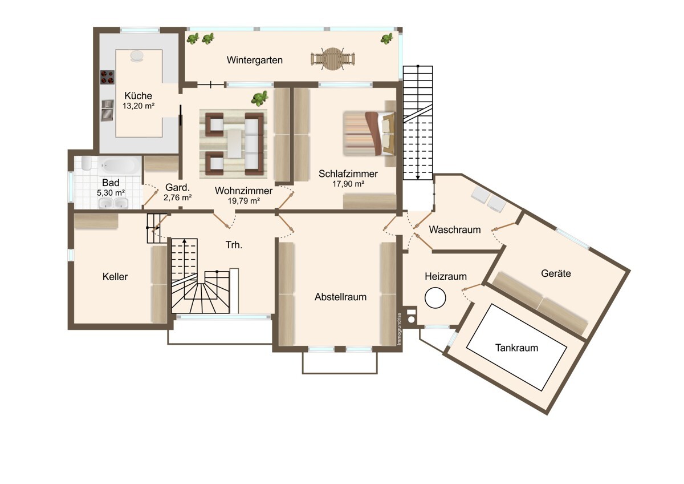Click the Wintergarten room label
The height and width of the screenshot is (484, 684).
(254, 61)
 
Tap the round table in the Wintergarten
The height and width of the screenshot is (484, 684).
(332, 59)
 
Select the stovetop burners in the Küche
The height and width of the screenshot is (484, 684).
(108, 77)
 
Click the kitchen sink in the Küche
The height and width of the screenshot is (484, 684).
(107, 110)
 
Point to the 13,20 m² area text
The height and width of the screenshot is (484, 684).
(139, 106)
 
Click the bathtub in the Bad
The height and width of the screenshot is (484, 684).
(119, 166)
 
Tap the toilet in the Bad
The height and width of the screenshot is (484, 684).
(87, 164)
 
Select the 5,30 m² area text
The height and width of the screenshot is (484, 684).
(111, 193)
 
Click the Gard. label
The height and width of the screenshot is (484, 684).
(177, 187)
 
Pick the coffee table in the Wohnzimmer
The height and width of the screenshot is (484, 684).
(234, 144)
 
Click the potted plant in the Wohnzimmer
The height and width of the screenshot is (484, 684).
(259, 98)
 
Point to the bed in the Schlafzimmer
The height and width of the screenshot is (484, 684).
(369, 134)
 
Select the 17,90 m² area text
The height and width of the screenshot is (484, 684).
(348, 184)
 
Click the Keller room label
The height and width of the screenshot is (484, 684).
(115, 277)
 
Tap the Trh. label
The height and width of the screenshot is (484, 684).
(234, 245)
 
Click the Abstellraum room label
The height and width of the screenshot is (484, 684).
(340, 297)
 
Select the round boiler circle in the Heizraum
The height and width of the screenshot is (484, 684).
(435, 298)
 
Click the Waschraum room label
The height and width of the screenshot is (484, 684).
(455, 229)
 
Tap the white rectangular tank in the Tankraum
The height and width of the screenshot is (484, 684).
(516, 348)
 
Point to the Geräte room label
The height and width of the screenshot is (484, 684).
(556, 273)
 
